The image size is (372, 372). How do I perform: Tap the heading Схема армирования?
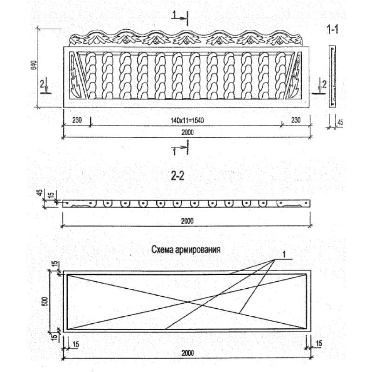[x=186, y=249]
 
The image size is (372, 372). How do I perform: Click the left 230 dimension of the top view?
[x=77, y=120]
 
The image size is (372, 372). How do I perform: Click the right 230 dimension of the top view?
[x=295, y=120]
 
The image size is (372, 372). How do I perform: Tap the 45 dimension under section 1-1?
[x=339, y=123]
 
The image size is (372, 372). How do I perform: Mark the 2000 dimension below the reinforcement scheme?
[x=187, y=354]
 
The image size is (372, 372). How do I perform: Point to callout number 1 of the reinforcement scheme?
[x=284, y=254]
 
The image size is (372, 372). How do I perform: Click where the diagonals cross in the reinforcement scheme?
[x=188, y=302]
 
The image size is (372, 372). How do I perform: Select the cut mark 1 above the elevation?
[x=174, y=16]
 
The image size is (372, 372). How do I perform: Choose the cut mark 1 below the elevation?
[x=174, y=152]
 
